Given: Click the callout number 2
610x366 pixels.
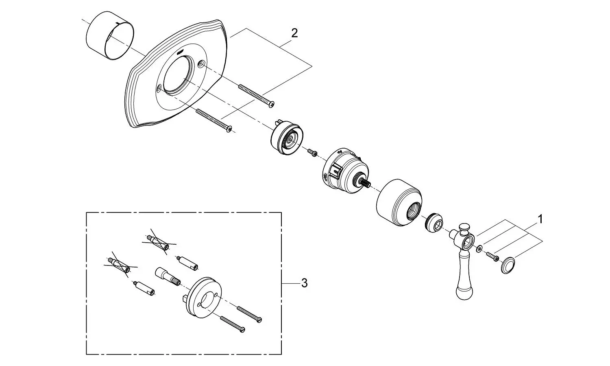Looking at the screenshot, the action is (294, 33).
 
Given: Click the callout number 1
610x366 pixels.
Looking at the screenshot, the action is (540, 220).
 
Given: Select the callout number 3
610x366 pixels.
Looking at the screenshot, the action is (305, 283).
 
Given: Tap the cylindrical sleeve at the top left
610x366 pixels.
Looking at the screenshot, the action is (110, 35).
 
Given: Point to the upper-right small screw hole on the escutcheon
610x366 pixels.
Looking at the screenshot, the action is (202, 64).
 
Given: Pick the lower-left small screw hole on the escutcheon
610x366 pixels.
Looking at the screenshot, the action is (159, 88).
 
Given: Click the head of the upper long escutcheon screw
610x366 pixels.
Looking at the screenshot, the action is (271, 104).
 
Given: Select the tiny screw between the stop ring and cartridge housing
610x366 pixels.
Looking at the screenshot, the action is (312, 153).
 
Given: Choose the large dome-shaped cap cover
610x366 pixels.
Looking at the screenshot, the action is (399, 203).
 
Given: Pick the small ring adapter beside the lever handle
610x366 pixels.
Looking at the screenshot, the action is (434, 222).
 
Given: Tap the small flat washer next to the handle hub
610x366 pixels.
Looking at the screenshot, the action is (479, 248).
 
